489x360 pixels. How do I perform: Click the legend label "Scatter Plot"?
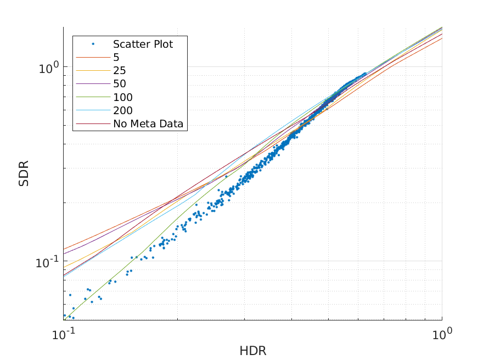click(x=143, y=44)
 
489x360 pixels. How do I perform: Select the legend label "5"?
click(x=116, y=58)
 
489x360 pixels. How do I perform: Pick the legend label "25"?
click(x=120, y=71)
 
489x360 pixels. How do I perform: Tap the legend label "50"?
click(x=120, y=84)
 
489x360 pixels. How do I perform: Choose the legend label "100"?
click(x=123, y=98)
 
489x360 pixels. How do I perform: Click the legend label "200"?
click(x=123, y=111)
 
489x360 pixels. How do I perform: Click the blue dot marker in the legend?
click(x=93, y=44)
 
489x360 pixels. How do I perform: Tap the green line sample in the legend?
click(x=93, y=98)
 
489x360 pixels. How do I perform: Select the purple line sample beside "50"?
click(x=93, y=84)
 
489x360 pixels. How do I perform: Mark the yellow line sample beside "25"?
click(x=93, y=71)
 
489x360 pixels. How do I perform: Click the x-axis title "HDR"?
click(x=252, y=351)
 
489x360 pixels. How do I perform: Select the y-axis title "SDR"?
click(x=24, y=173)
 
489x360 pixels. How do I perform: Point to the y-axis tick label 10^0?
click(x=48, y=68)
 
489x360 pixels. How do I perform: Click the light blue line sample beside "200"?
click(x=93, y=111)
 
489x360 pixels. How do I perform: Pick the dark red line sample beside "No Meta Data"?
click(x=93, y=124)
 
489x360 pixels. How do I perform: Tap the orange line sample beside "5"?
click(x=93, y=58)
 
